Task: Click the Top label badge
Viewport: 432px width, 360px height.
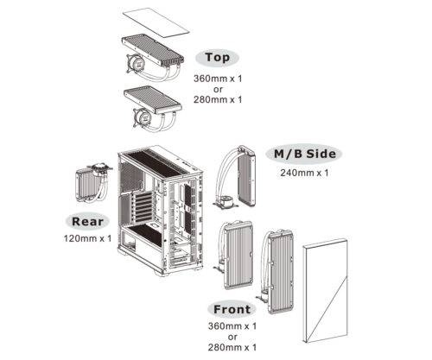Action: click(x=218, y=57)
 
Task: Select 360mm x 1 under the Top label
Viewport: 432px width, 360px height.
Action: click(x=218, y=77)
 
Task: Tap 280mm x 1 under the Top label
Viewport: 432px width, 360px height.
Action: click(x=218, y=99)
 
